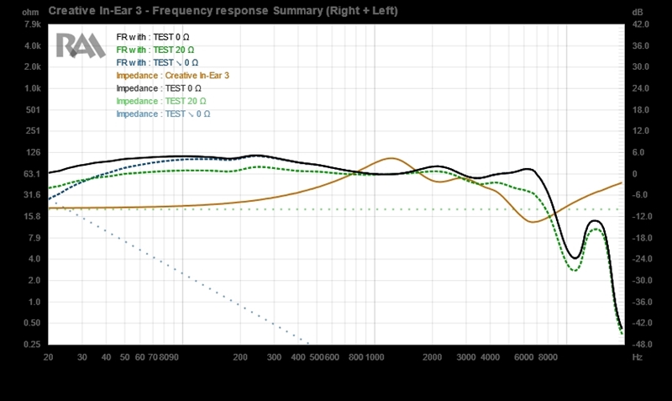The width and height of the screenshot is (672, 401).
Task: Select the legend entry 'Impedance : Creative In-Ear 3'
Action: [173, 76]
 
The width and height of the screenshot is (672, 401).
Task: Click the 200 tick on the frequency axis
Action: [241, 357]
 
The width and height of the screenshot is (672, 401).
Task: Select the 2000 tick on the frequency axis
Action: [433, 357]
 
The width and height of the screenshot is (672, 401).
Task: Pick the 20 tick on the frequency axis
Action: [49, 357]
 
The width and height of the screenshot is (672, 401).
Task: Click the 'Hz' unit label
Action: [638, 357]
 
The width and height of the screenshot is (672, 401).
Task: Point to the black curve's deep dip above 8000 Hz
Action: [575, 257]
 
